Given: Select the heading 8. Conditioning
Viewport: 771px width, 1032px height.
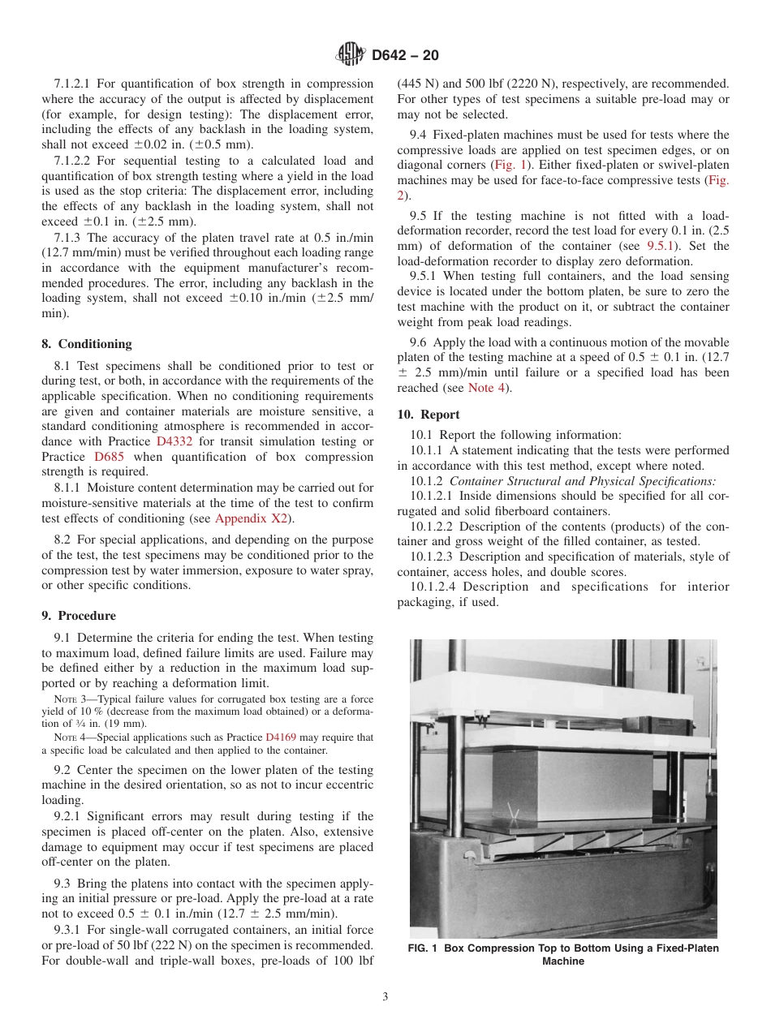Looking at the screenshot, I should click(87, 344).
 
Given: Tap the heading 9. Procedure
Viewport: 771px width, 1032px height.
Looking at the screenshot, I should click(79, 616).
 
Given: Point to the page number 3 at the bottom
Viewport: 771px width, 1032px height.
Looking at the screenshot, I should click(385, 997).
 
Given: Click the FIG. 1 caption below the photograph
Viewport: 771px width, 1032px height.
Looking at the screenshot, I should click(563, 955).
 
